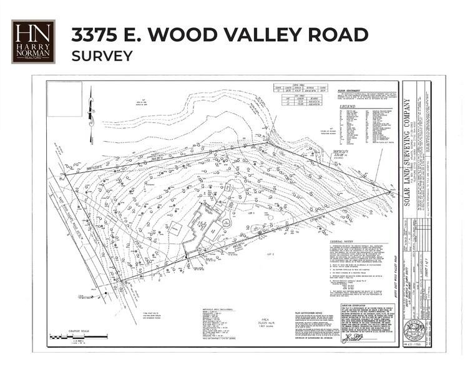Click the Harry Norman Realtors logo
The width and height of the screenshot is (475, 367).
(x=33, y=42)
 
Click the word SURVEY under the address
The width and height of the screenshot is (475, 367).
(x=102, y=56)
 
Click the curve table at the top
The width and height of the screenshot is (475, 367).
(x=299, y=89)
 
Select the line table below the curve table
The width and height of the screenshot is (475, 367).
(x=300, y=100)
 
